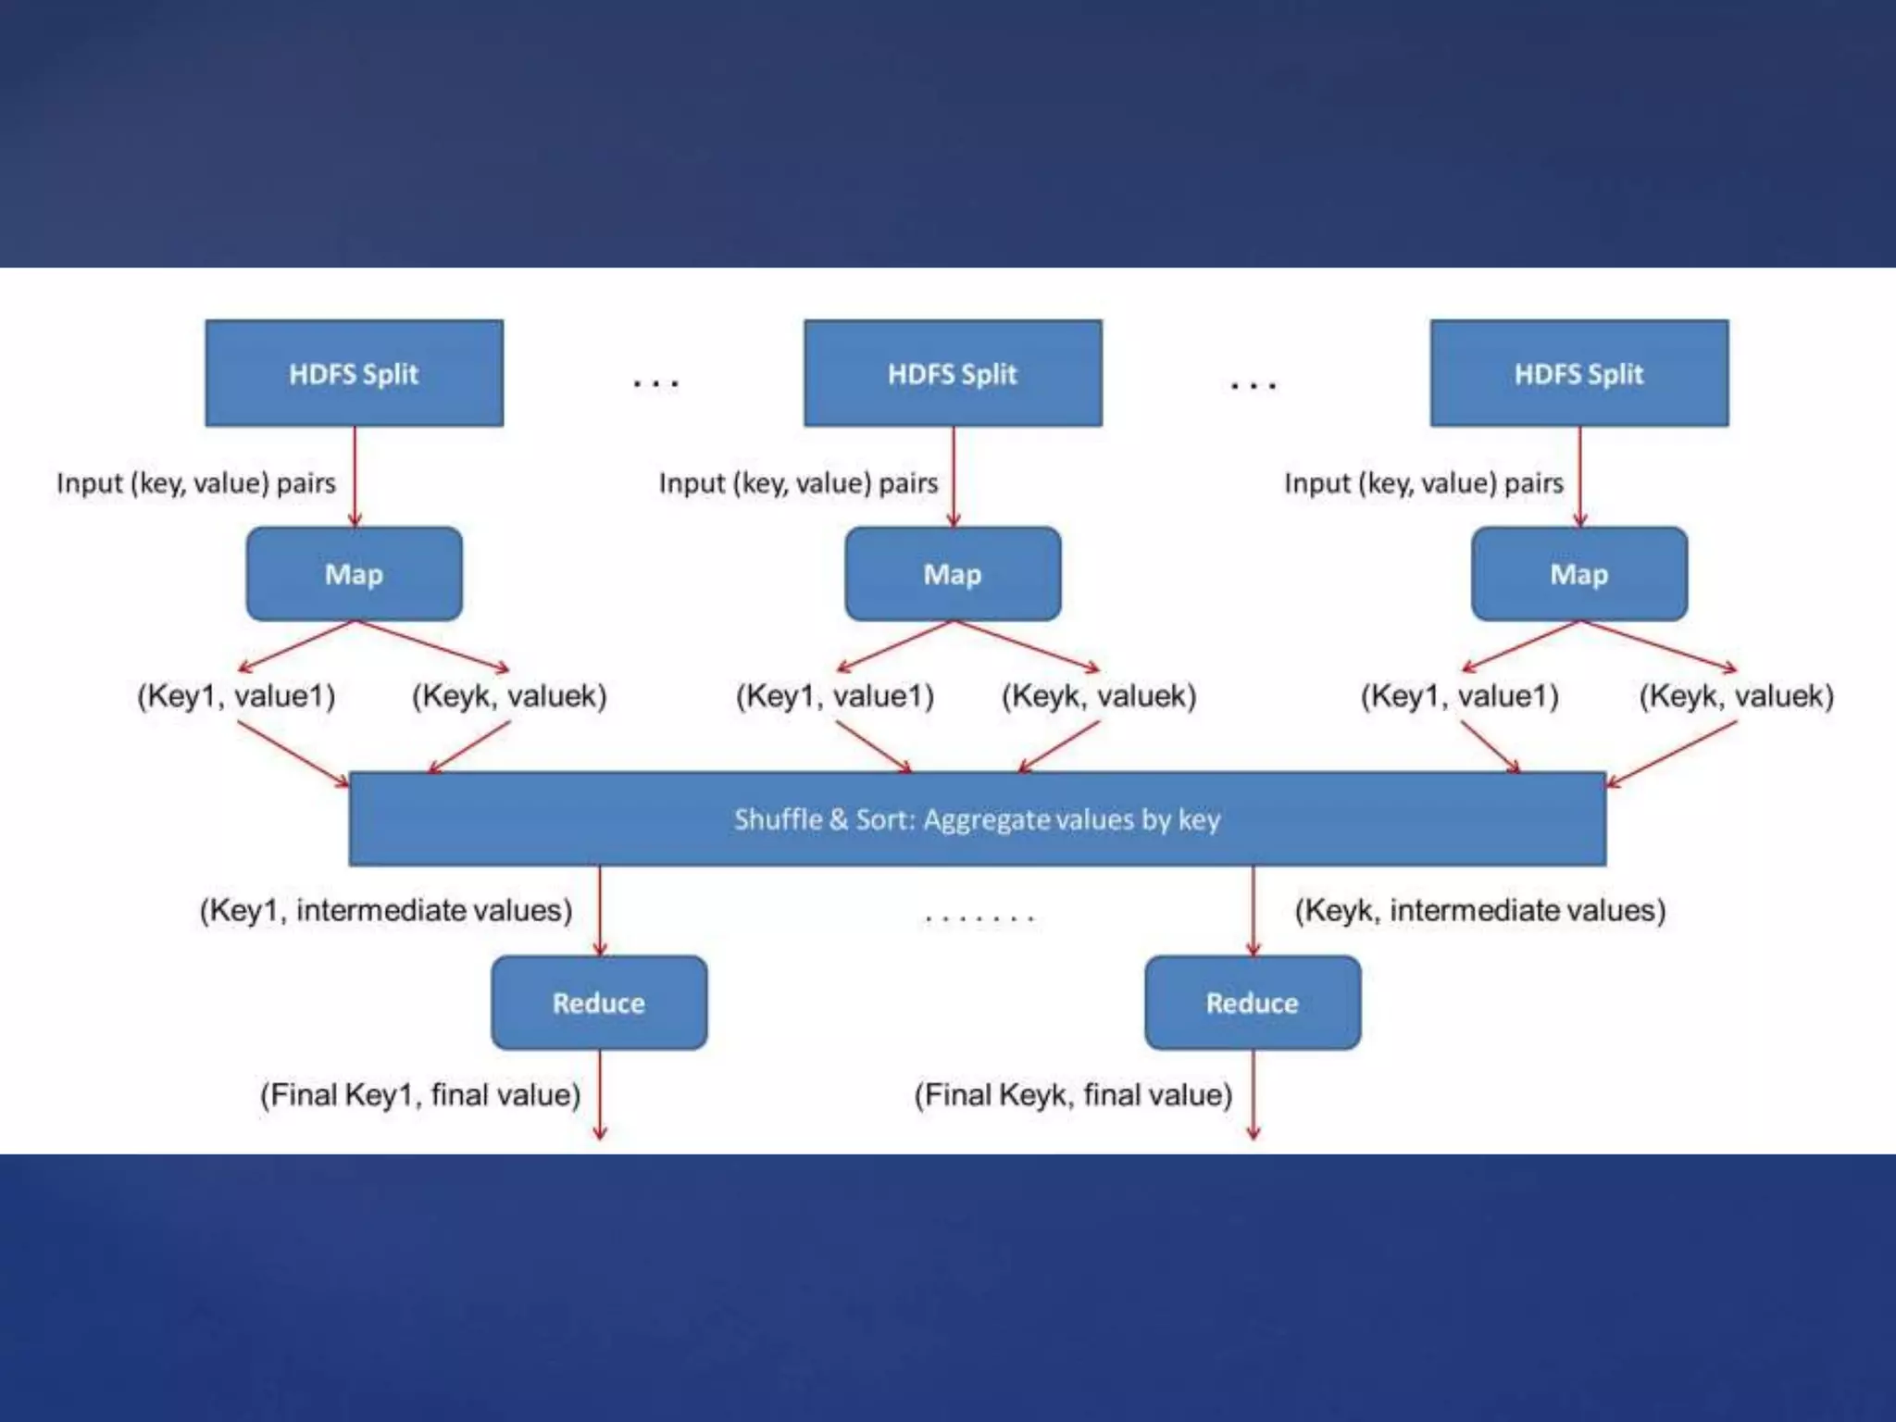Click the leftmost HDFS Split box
(354, 373)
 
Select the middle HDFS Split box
(953, 373)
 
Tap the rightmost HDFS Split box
(1578, 373)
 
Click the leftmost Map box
(354, 574)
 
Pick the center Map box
(953, 574)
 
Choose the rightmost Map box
(1578, 574)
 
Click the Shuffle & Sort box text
(977, 819)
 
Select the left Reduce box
(599, 1003)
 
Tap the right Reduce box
(1252, 1003)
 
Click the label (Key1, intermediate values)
(386, 910)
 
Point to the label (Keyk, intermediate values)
(1479, 910)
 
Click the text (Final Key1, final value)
(420, 1095)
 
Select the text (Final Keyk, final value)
(1073, 1095)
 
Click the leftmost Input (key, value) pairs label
(196, 483)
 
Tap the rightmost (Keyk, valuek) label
(1736, 695)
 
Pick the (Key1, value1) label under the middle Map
(835, 695)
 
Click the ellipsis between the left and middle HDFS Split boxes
(655, 382)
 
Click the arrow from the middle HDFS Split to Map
(954, 477)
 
